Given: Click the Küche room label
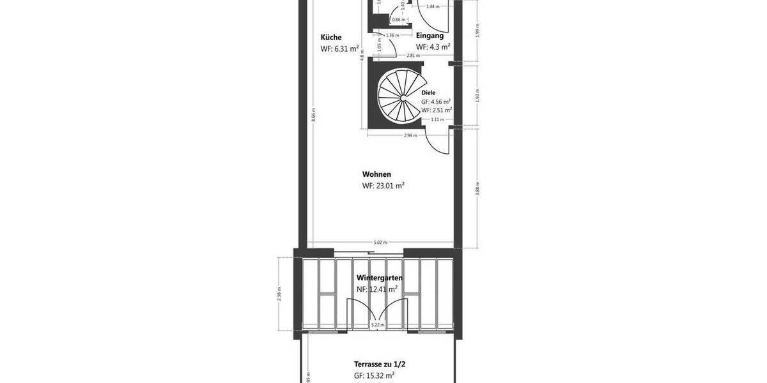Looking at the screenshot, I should [x=331, y=37].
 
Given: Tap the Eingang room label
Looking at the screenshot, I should [x=430, y=36].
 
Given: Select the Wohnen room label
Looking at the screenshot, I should [x=376, y=174].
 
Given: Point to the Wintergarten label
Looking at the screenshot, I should [x=379, y=278].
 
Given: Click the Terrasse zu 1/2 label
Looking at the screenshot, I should [x=380, y=364].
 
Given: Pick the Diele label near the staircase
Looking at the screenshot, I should [x=428, y=93].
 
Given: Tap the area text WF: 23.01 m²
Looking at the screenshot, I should [x=383, y=186].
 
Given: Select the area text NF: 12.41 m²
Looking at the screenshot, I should [x=377, y=289].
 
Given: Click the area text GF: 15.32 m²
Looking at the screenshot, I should [x=374, y=376].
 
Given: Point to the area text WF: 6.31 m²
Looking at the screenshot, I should [x=339, y=49].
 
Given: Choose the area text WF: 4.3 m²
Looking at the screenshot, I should [x=433, y=47].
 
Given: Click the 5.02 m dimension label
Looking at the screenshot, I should [x=380, y=243].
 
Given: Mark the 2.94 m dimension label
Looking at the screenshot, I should [x=410, y=135].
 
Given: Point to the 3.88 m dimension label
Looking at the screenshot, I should [x=477, y=188].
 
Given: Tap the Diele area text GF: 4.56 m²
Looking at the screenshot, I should [x=436, y=101].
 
